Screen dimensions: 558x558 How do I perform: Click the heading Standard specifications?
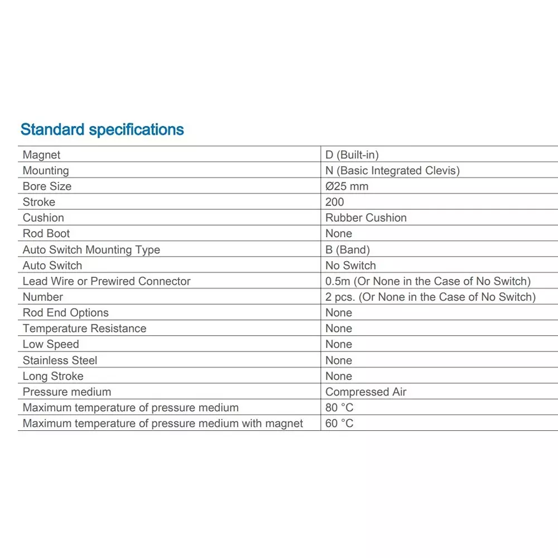tap(102, 129)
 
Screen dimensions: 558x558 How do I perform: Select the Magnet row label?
tap(41, 155)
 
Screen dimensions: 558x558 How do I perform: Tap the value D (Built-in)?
tap(352, 155)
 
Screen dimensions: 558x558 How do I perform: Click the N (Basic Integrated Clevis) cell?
tap(392, 170)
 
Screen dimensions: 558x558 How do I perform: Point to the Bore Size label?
tap(47, 186)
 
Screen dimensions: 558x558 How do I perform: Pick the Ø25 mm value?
tap(347, 186)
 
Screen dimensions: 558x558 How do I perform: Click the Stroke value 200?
tap(335, 202)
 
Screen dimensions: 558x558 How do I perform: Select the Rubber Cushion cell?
tap(365, 218)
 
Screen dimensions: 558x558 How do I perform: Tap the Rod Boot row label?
tap(46, 233)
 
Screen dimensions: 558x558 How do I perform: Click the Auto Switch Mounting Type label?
tap(91, 249)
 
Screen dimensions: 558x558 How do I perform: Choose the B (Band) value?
tap(347, 249)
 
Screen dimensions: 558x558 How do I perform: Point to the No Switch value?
tap(350, 265)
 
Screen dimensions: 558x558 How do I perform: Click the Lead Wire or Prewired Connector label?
tap(107, 281)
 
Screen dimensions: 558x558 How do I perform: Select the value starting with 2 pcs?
tap(430, 297)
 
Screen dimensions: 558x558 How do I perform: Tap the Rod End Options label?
tap(65, 312)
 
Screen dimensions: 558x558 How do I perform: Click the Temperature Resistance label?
tap(84, 328)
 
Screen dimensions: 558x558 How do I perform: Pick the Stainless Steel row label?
tap(60, 360)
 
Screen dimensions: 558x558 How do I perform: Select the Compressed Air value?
tap(365, 392)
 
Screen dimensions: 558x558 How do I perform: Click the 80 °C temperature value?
tap(339, 407)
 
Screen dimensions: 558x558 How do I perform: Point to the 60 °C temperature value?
tap(339, 423)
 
